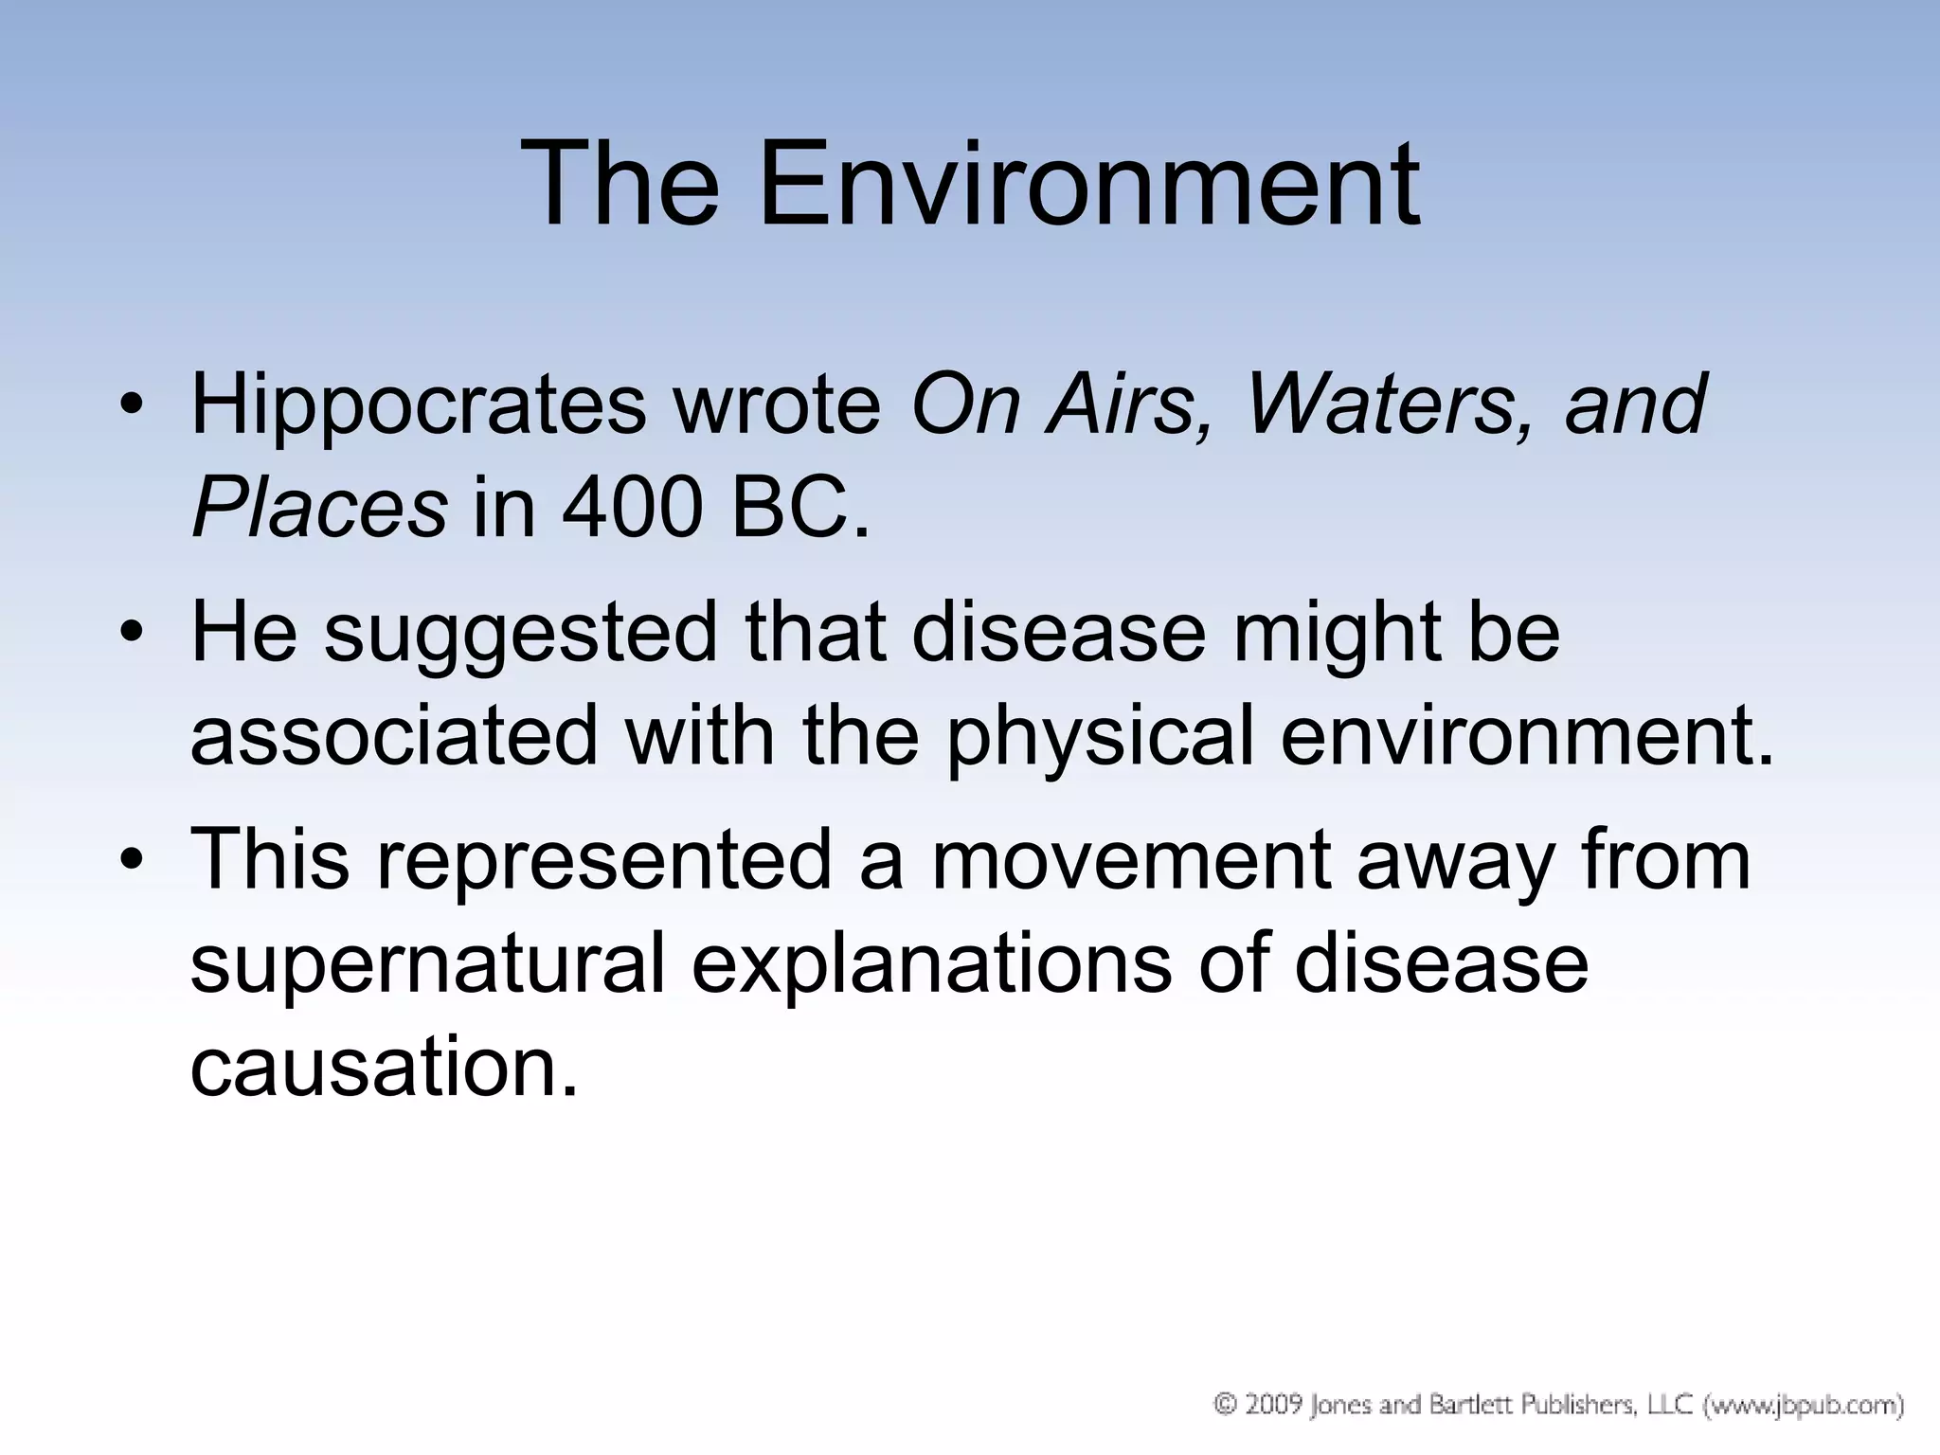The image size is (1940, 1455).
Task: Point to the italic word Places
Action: (x=319, y=508)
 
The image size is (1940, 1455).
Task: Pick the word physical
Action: (x=1101, y=738)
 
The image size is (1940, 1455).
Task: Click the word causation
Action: (x=383, y=1068)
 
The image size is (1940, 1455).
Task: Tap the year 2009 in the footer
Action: (x=1273, y=1404)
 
